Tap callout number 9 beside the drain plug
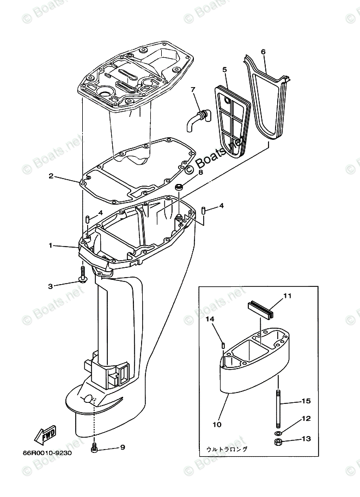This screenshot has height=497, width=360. [122, 447]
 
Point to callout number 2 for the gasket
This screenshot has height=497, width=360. [51, 176]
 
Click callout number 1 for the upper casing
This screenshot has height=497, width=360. [51, 246]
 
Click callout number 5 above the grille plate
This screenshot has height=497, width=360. [224, 69]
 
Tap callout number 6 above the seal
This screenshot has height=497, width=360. [264, 52]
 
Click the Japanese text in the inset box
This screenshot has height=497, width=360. [227, 450]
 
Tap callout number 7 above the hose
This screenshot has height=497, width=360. [192, 90]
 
